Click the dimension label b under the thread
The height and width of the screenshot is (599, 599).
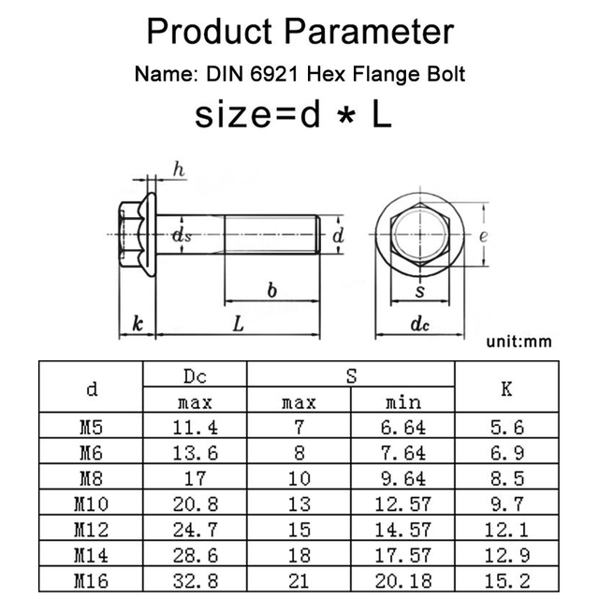click(x=272, y=291)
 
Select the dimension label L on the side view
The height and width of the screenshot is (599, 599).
click(x=239, y=325)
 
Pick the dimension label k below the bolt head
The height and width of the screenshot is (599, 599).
click(x=138, y=325)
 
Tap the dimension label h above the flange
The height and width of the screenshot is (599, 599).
click(x=179, y=169)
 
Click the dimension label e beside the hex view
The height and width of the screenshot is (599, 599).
click(x=483, y=236)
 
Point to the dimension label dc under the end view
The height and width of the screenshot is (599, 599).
click(x=420, y=326)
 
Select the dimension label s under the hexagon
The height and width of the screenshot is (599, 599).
click(x=420, y=292)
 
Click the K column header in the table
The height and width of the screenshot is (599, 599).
click(x=506, y=389)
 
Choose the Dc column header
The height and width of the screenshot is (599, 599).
click(x=195, y=376)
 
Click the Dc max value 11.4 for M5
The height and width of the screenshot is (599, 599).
click(x=195, y=428)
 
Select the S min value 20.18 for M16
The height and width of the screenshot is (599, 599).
click(x=404, y=580)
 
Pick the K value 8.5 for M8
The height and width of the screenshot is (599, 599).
click(x=506, y=478)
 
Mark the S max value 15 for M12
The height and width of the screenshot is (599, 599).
click(x=299, y=530)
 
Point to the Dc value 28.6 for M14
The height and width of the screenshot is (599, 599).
click(x=195, y=555)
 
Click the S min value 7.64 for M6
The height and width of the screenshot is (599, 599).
click(x=404, y=453)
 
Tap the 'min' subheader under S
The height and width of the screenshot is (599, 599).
click(x=404, y=403)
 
